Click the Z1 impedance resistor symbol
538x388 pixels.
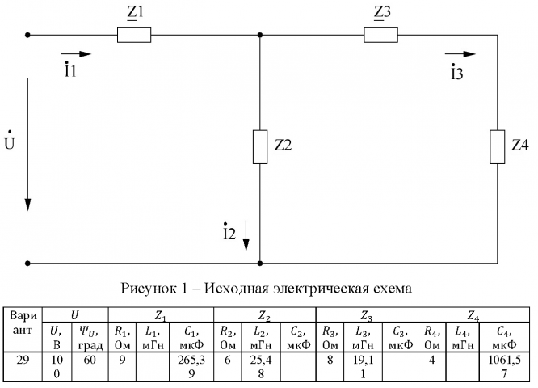134,36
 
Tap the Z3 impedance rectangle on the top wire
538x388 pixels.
380,36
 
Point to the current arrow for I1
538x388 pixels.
82,54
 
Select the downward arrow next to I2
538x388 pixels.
247,234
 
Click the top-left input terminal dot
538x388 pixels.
28,36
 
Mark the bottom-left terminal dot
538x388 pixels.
28,263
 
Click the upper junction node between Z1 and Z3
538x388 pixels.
260,36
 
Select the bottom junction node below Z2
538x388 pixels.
260,263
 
